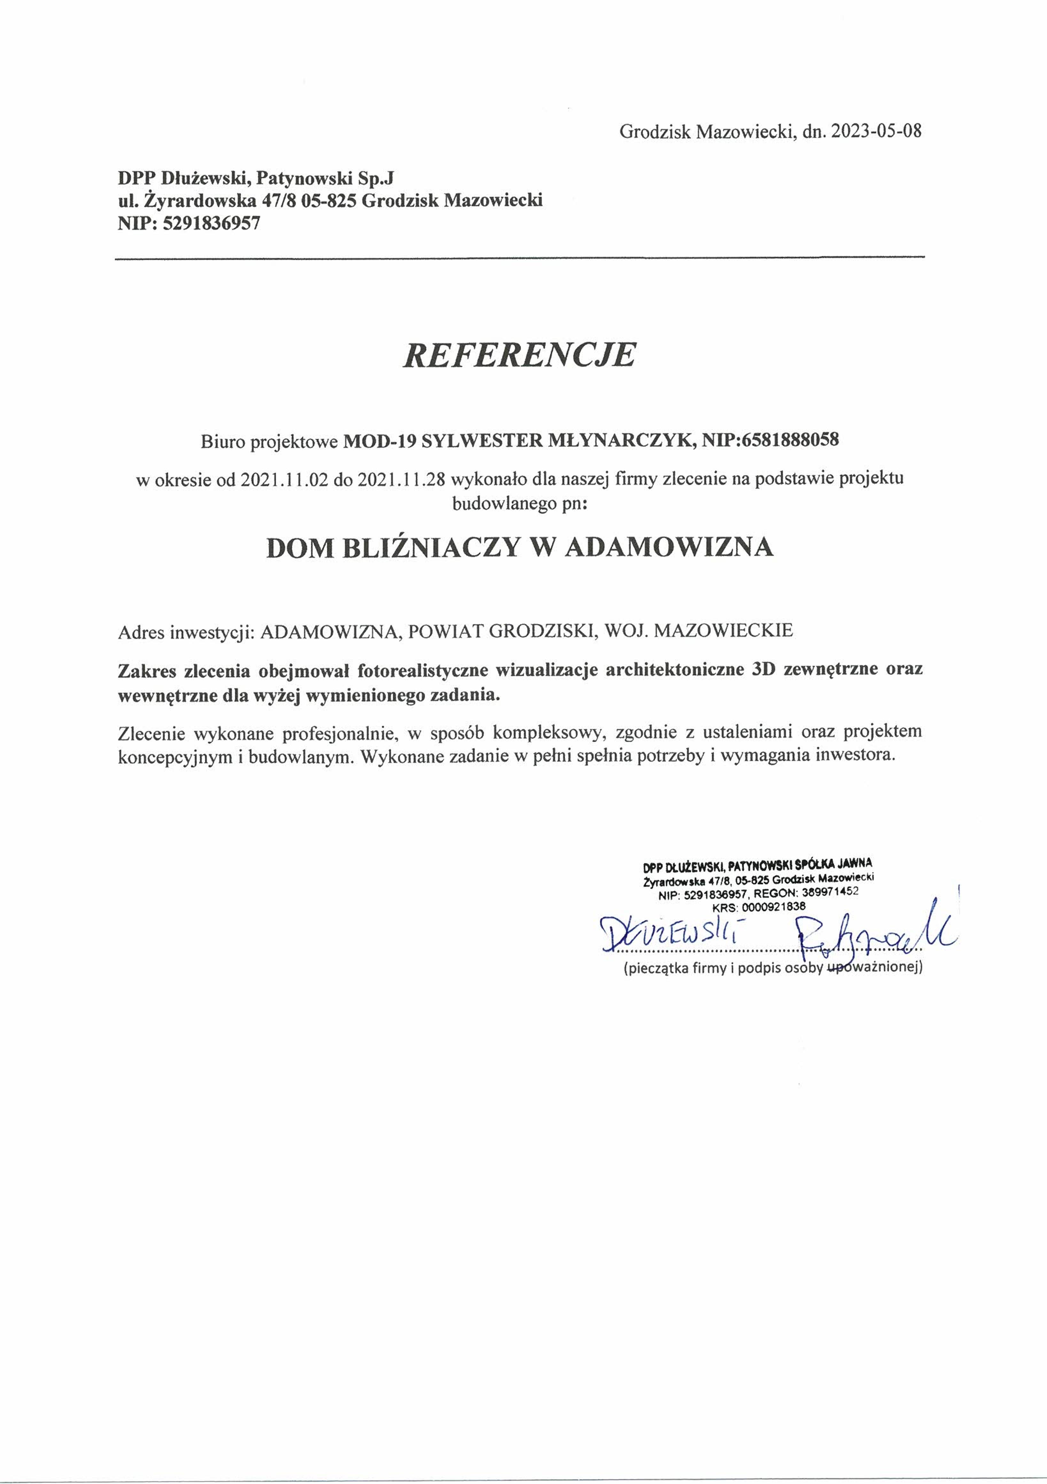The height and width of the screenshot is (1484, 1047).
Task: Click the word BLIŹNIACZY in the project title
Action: point(430,547)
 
